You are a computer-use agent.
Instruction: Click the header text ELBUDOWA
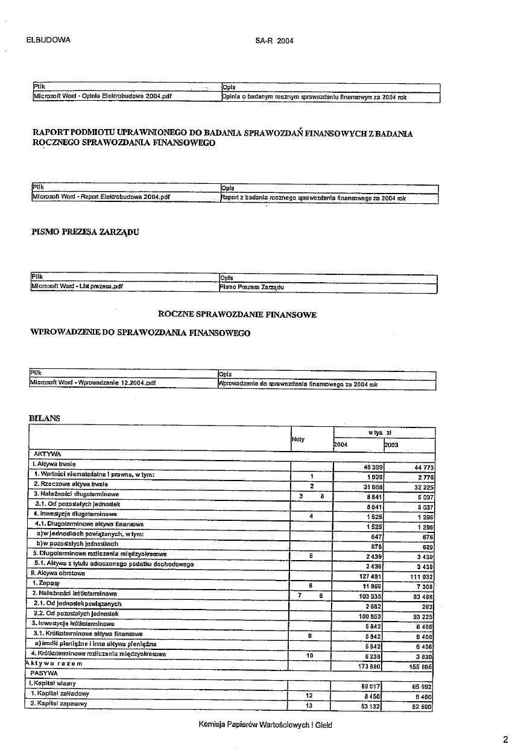(49, 40)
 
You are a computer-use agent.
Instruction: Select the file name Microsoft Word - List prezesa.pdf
(77, 287)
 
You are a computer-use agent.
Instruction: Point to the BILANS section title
(44, 418)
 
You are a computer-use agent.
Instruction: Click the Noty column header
(298, 440)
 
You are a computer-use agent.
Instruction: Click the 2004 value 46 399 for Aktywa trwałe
(367, 468)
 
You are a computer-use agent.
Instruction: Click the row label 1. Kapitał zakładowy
(59, 694)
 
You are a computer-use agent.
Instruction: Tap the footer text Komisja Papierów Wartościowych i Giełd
(265, 725)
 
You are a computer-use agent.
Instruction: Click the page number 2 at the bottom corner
(505, 739)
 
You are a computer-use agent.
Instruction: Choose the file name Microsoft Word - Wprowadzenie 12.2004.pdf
(93, 382)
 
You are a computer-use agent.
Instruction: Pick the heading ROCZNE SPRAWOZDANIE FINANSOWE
(237, 315)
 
